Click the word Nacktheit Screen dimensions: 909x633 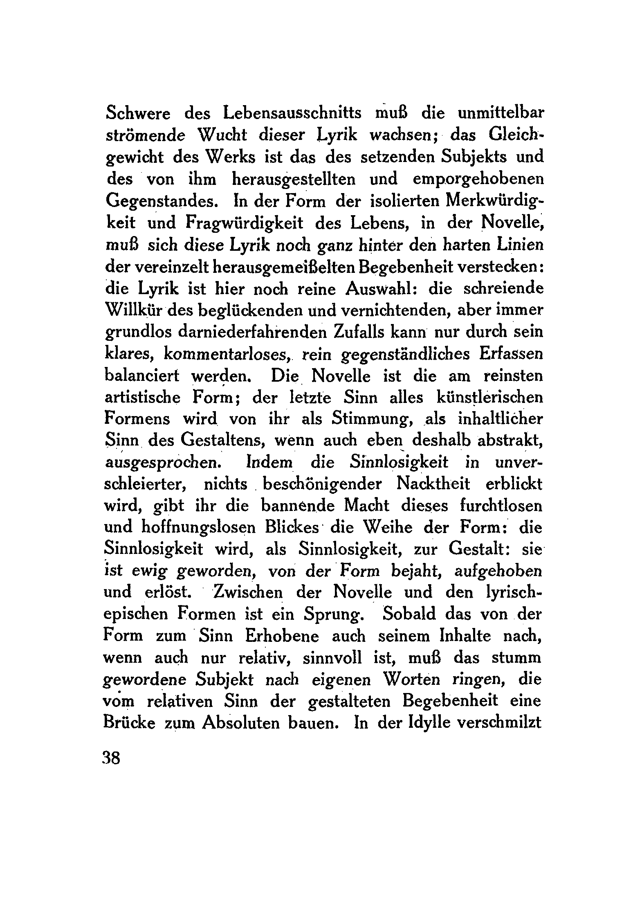(433, 484)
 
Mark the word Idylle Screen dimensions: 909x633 (429, 723)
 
